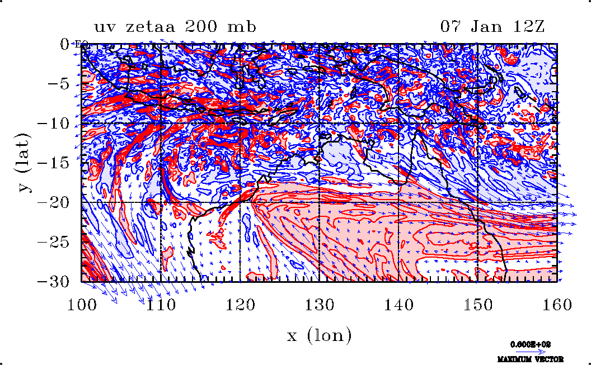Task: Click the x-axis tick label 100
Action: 81,305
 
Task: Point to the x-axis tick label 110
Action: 160,305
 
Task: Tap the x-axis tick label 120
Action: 240,305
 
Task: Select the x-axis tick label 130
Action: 319,305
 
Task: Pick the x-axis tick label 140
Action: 398,305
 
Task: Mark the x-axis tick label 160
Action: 557,305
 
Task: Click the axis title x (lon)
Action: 319,335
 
